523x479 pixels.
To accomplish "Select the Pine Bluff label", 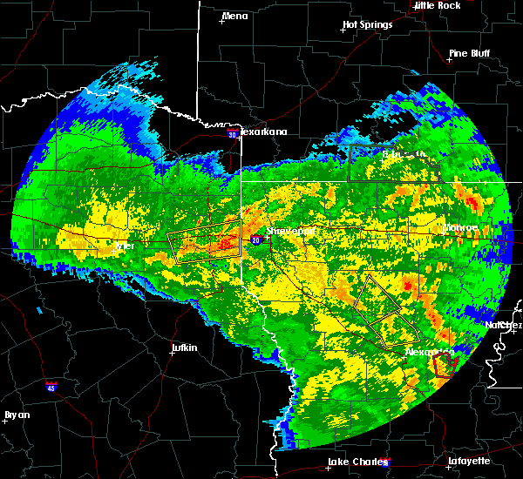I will pos(469,53).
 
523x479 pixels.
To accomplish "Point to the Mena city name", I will pos(235,16).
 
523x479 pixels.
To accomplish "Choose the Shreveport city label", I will pos(290,232).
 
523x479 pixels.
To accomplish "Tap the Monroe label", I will pos(458,228).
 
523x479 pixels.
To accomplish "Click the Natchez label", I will pos(505,324).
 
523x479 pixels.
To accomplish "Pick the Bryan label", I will pos(17,415).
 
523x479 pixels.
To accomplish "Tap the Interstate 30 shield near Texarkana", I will pos(232,134).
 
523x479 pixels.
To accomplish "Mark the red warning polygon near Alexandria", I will pos(443,364).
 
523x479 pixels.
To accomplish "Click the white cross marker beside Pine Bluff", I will pos(449,59).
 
